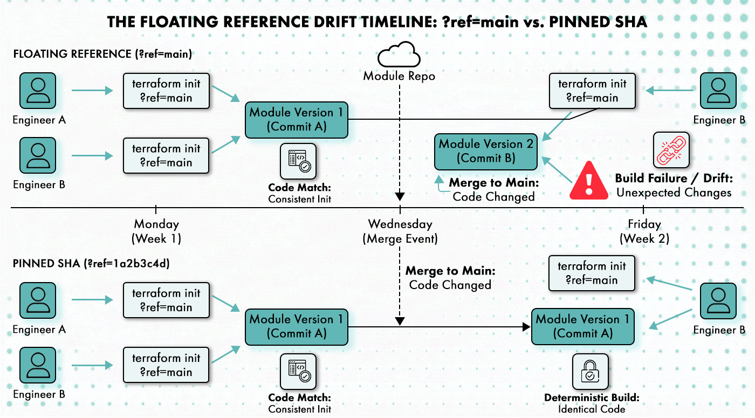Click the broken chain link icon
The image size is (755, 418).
point(671,149)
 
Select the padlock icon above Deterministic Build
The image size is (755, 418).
point(590,372)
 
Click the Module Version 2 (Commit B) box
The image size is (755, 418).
point(486,152)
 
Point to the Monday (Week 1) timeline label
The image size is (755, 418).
point(156,231)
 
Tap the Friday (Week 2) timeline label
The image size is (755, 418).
point(644,231)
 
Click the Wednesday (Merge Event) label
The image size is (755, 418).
point(400,231)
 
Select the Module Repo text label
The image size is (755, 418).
point(399,76)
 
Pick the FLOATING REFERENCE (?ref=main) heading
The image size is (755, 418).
point(102,54)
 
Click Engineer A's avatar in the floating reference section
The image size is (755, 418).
point(38,91)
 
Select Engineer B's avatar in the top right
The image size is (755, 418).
point(718,91)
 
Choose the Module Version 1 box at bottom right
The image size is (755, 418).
point(582,326)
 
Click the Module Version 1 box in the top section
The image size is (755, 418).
point(297,120)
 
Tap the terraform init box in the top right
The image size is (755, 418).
point(592,91)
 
